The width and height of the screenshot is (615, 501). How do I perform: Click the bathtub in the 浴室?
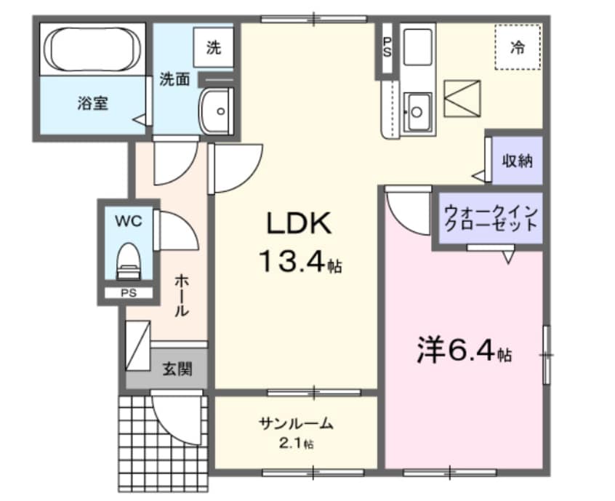[92, 49]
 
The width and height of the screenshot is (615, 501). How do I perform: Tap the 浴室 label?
[93, 104]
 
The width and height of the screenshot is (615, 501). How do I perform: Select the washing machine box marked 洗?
[214, 48]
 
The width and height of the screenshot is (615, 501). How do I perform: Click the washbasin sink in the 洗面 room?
[216, 111]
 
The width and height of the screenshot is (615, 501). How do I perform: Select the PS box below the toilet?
[128, 294]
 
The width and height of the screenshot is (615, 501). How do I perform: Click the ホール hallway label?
[181, 294]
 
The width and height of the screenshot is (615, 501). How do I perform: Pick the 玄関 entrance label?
[177, 369]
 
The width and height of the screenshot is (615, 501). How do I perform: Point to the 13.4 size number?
[291, 261]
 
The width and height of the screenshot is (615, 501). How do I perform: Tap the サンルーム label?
[296, 422]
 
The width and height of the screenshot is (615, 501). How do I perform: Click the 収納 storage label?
[517, 161]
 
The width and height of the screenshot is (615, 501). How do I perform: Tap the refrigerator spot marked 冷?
[518, 48]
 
